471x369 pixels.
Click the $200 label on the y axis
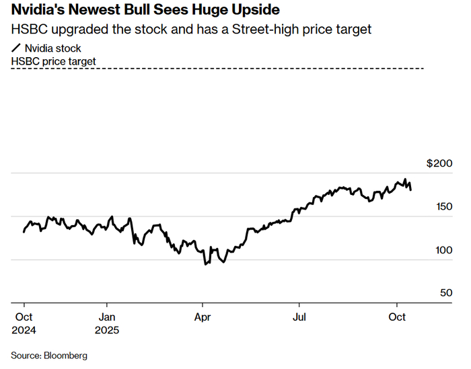click(x=441, y=163)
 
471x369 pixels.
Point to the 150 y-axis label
click(x=444, y=207)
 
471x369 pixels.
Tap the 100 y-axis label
click(x=444, y=250)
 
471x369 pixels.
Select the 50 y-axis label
click(x=447, y=293)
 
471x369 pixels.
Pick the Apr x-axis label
click(x=203, y=317)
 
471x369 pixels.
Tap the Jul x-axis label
click(x=298, y=317)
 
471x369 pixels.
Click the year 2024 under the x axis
click(x=25, y=330)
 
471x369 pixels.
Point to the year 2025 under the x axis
click(x=107, y=330)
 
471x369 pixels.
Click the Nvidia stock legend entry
click(x=52, y=48)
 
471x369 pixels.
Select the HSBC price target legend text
click(x=54, y=61)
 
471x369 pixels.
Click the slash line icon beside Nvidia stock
click(x=16, y=48)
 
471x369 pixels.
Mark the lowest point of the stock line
click(x=205, y=264)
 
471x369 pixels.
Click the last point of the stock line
click(x=411, y=190)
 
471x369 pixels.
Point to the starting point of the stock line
click(x=24, y=232)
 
